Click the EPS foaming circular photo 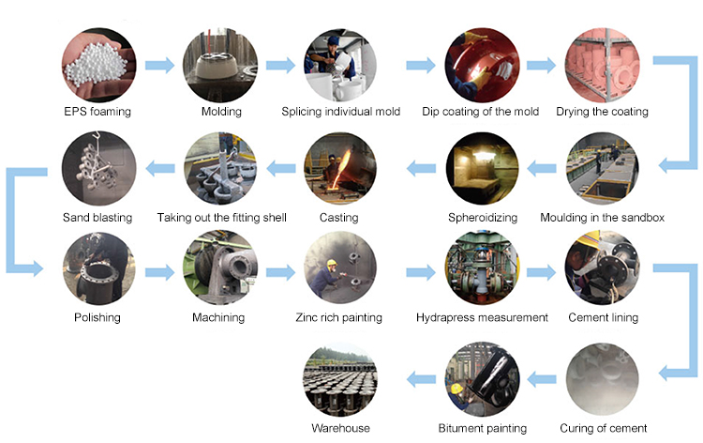pos(97,65)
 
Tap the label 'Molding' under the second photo pos(221,113)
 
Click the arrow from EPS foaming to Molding pos(159,66)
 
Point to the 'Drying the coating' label pos(602,113)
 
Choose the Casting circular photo pos(339,170)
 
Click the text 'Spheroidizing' pos(482,218)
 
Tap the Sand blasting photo pos(97,170)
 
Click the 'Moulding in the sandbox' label pos(603,218)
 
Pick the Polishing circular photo pos(97,270)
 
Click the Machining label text pos(218,318)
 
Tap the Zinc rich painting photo pos(339,270)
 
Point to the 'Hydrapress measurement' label pos(482,318)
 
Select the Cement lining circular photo pos(602,270)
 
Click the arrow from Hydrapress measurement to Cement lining pos(542,272)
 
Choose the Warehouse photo pos(339,379)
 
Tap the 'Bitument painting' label pos(482,428)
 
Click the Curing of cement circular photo pos(602,379)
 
